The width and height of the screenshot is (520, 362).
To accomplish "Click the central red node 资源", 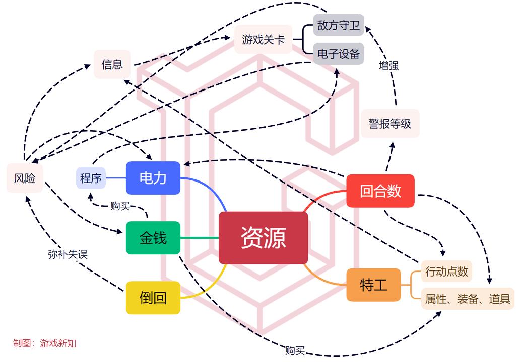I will coord(263,238).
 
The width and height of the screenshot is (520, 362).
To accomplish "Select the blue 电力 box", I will coord(153,178).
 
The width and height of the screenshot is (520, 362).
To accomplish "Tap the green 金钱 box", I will coord(153,238).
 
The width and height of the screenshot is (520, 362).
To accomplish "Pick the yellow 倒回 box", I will coord(153,298).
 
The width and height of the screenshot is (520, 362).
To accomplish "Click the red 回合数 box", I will coord(380,191).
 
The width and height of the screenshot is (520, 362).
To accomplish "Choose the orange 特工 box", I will coord(373,285).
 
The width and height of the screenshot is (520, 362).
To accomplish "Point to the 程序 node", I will coord(91,178).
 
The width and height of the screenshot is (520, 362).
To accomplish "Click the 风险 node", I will coord(25,178).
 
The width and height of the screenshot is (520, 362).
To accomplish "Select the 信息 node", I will coord(112,64).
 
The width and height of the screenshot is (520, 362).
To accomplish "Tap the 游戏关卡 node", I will coord(263,39).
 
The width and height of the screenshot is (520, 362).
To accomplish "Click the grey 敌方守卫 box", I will coord(339,25).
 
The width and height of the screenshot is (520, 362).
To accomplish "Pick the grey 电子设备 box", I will coord(339,53).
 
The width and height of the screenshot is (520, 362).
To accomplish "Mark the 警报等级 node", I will coord(390,123).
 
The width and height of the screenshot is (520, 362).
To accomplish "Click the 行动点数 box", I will coord(446,271).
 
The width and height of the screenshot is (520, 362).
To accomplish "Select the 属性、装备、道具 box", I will coord(468,299).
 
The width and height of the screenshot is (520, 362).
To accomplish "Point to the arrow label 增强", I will coord(388,66).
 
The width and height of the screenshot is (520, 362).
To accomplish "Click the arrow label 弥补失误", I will coord(68,254).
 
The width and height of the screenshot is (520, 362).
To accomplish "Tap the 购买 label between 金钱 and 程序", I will coord(120,206).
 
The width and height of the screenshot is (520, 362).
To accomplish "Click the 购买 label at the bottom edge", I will coord(295,350).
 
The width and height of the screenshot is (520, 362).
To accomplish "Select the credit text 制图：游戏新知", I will coord(44,343).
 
